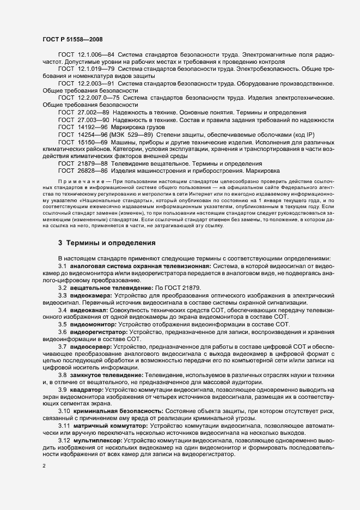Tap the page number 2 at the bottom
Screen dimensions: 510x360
click(x=44, y=466)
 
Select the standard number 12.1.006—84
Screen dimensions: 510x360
click(x=95, y=56)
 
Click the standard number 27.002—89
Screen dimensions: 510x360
click(x=93, y=111)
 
